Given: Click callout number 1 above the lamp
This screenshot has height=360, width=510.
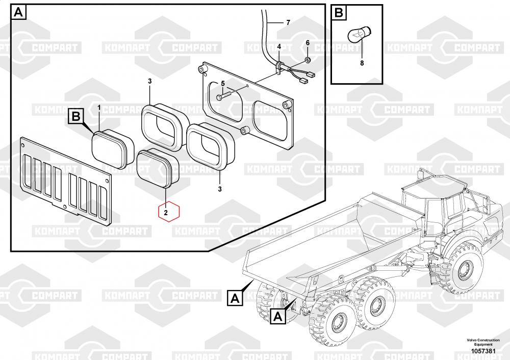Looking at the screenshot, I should (99, 108).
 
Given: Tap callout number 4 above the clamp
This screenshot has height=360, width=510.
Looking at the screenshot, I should (279, 47).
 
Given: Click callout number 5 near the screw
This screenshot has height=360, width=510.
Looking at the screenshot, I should (223, 83).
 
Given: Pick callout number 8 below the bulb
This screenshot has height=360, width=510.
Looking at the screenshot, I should (362, 63).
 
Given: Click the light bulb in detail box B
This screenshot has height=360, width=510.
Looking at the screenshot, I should (358, 36).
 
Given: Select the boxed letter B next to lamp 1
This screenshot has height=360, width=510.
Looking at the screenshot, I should (76, 117).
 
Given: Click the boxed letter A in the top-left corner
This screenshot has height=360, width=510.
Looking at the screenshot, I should (18, 12).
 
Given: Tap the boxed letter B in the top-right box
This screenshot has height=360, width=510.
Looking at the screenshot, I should (339, 12).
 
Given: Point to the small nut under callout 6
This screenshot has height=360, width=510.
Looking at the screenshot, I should (308, 60).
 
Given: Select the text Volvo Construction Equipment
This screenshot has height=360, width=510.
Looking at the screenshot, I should (482, 343).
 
